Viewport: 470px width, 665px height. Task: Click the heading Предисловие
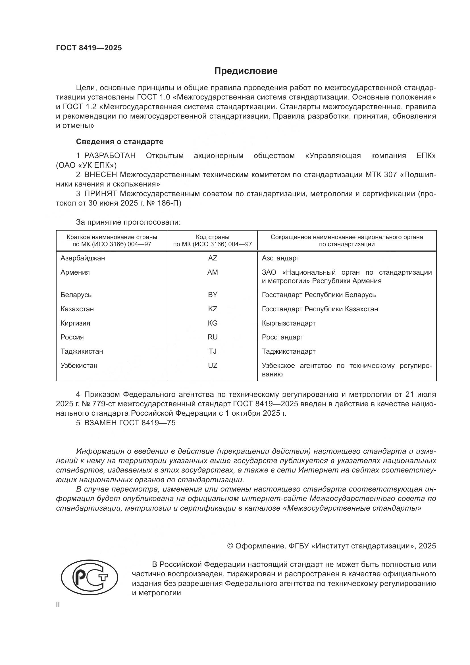pos(246,71)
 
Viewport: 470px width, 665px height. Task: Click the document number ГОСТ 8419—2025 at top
pos(89,48)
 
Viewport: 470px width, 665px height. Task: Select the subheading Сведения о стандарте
pos(120,142)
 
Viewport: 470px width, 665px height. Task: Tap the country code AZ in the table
pos(213,258)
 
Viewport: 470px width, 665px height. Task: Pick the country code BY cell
pos(213,295)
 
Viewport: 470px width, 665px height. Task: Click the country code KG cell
pos(213,323)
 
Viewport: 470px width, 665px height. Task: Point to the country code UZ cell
pos(213,366)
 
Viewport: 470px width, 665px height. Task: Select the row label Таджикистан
pos(82,351)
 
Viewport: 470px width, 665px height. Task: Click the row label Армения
pos(75,272)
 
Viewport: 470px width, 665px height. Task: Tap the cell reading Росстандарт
pos(282,337)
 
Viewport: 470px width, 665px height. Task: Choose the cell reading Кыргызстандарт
pos(288,323)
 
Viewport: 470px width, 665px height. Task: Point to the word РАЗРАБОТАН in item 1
pos(110,156)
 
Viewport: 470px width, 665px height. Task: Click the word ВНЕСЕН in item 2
pos(101,175)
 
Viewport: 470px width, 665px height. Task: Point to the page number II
pos(58,605)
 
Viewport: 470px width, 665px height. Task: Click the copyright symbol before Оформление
pos(230,546)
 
